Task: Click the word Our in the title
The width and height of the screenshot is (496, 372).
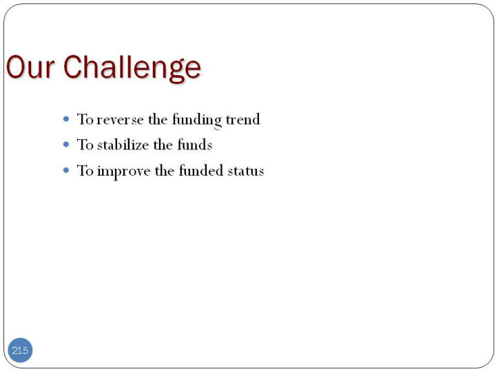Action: (30, 67)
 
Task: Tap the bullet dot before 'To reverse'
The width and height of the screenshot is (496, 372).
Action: (66, 119)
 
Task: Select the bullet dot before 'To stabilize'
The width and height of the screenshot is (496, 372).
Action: (66, 145)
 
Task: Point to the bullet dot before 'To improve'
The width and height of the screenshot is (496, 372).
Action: (66, 171)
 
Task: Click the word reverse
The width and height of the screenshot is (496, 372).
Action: (120, 120)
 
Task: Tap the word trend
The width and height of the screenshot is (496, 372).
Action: (243, 119)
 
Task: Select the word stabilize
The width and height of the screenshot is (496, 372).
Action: (123, 145)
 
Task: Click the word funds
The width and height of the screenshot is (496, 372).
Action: (194, 145)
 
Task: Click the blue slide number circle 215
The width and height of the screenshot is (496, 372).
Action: (20, 350)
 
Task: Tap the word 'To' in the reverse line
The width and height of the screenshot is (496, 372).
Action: (85, 119)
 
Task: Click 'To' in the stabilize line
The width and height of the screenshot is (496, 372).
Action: (85, 145)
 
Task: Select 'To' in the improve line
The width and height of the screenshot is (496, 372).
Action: (85, 171)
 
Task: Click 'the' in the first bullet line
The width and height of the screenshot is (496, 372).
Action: (158, 119)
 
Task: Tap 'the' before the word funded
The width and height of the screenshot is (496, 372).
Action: (165, 171)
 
